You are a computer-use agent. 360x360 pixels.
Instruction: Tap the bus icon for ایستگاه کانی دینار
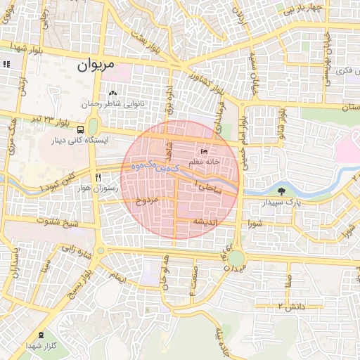(x=81, y=130)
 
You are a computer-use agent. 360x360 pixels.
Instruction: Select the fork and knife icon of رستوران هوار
(x=98, y=177)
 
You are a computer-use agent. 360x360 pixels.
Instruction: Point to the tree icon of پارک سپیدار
(x=282, y=191)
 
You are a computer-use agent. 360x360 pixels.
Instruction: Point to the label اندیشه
(x=199, y=221)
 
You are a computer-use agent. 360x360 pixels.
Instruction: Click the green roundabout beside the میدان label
(x=236, y=259)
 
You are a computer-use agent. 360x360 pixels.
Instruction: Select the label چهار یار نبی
(x=302, y=9)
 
